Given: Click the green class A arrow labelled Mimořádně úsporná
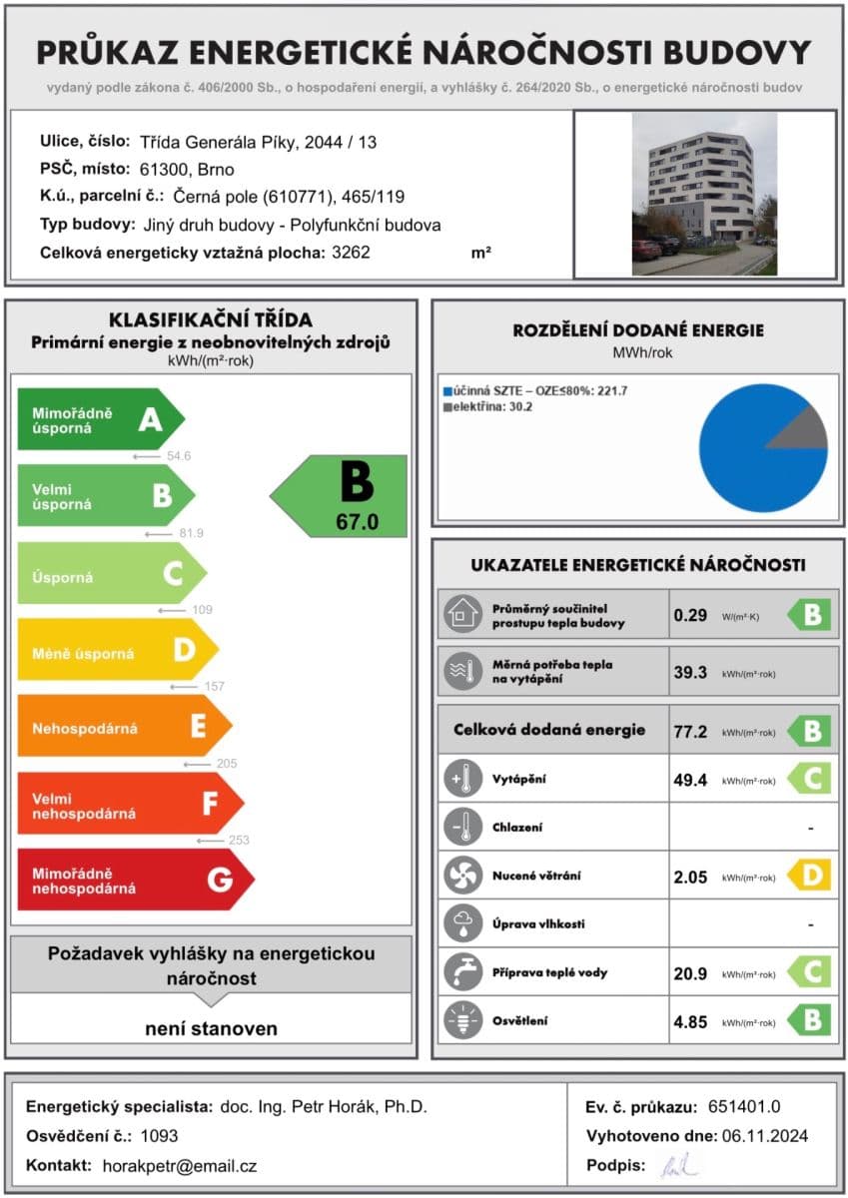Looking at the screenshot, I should point(100,420).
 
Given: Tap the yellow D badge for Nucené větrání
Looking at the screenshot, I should point(810,877).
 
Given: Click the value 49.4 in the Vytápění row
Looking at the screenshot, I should point(690,780).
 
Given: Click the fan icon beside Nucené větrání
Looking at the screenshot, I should point(461,877).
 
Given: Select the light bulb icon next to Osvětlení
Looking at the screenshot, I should point(461,1021).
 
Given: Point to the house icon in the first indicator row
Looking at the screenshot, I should point(461,615).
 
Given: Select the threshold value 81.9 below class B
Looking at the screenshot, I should point(191,534).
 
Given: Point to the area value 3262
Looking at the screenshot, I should point(351,253).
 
